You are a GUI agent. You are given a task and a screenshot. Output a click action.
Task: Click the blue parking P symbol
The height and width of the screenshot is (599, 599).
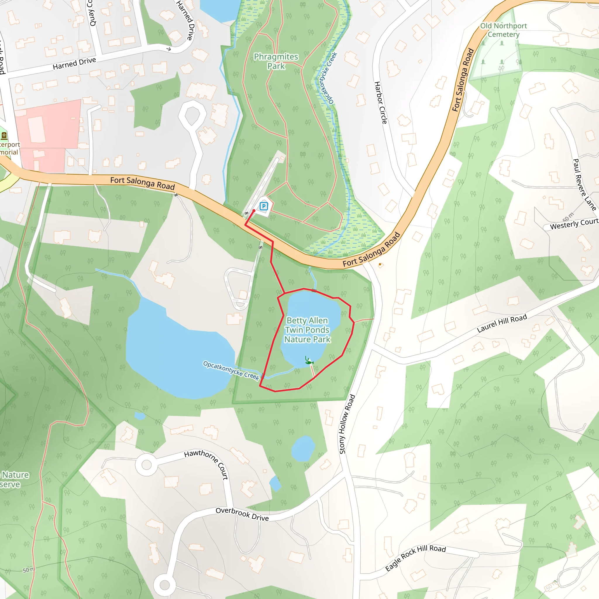264,206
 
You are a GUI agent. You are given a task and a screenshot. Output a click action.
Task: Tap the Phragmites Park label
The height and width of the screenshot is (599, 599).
276,61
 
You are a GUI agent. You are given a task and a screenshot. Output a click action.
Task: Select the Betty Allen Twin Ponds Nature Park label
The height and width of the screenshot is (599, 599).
307,330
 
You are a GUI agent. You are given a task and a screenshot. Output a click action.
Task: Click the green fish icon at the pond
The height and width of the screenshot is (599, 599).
309,362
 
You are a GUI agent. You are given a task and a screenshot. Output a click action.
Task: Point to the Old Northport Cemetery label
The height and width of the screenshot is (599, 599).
504,30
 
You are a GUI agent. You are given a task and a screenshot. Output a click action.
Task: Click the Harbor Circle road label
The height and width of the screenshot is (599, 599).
381,103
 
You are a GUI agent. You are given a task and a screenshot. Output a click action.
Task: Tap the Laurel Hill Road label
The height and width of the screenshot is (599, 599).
502,323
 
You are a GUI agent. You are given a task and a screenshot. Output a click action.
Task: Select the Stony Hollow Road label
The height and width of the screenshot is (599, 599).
347,424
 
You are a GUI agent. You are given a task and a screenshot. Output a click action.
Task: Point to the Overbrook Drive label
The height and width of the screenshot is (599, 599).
242,514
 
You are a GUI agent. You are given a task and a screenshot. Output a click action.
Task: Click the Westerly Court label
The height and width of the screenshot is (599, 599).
574,224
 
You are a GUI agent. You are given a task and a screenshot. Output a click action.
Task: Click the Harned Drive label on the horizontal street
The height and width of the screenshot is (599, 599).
74,63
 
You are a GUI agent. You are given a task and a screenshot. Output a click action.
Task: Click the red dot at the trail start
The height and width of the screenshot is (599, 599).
254,211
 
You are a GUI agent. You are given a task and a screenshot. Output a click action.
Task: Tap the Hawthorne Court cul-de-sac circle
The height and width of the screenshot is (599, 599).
146,465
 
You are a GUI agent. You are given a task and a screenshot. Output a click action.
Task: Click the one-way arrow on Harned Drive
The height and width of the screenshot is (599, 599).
169,49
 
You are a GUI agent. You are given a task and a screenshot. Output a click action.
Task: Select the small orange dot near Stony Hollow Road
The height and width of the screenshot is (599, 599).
380,264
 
